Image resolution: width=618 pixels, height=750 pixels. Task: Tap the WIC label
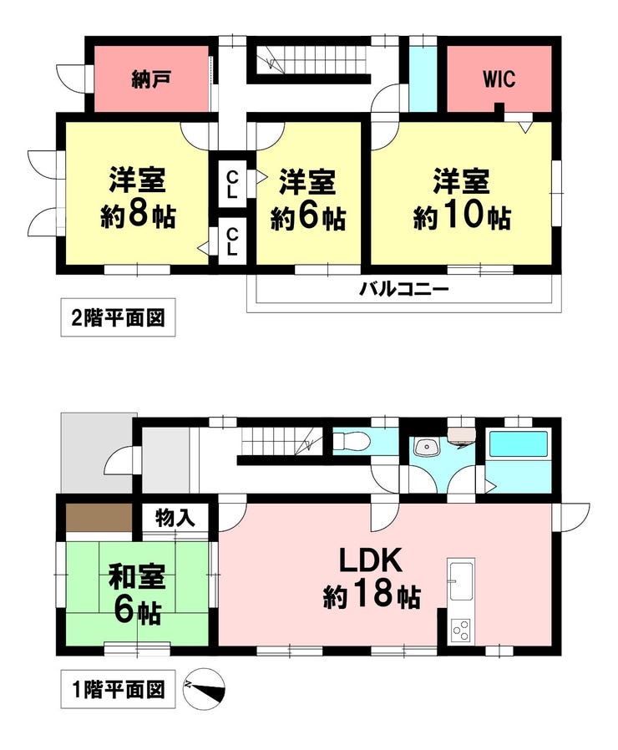(499, 79)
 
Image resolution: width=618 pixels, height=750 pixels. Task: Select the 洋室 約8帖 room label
(138, 198)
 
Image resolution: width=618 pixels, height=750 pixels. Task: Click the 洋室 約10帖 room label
(462, 199)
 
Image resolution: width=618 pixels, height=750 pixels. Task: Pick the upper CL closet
(231, 185)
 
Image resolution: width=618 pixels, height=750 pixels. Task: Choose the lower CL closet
(231, 241)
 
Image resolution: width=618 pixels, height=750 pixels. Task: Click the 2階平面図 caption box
(118, 317)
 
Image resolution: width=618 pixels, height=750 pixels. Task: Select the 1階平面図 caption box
(118, 689)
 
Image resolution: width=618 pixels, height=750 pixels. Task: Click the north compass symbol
(204, 689)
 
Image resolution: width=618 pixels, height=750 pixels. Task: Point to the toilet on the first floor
(350, 441)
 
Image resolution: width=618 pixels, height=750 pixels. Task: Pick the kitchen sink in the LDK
(462, 581)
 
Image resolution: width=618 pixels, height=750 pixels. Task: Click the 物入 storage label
(175, 517)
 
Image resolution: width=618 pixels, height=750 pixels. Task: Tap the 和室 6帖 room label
(137, 594)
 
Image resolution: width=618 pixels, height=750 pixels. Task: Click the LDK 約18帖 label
(372, 578)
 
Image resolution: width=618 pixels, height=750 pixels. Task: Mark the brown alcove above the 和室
(99, 517)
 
